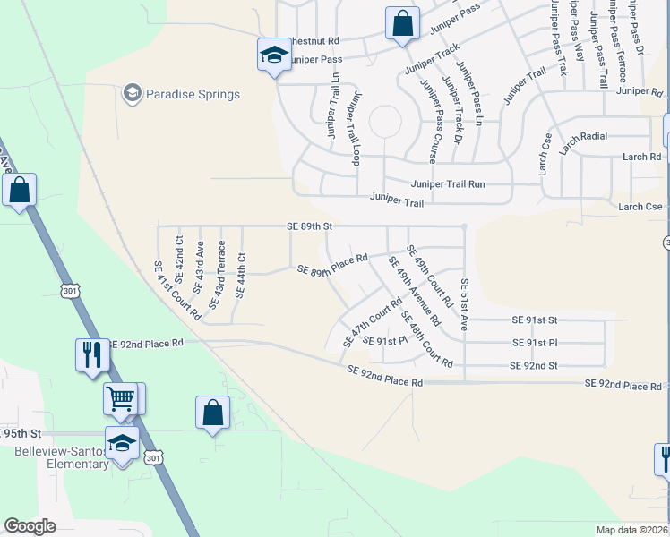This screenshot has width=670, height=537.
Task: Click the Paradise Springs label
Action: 193,94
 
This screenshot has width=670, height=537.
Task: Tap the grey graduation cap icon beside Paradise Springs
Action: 133,93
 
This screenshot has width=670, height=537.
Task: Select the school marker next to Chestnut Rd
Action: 272,55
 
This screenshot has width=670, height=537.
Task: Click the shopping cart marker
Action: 119,398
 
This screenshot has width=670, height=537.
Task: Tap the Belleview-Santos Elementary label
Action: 62,457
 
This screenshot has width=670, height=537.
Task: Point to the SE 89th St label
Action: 309,227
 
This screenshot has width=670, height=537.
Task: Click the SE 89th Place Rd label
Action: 332,264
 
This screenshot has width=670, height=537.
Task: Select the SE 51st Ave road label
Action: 464,304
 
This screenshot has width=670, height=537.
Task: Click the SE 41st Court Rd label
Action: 176,291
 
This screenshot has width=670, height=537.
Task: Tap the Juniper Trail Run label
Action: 448,184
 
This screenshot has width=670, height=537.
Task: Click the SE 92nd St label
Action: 533,365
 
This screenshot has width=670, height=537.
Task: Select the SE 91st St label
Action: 534,320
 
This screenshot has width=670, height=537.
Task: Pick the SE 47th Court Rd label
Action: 373,322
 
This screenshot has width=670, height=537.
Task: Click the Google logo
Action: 30,526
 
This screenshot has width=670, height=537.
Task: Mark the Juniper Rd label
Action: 639,91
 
